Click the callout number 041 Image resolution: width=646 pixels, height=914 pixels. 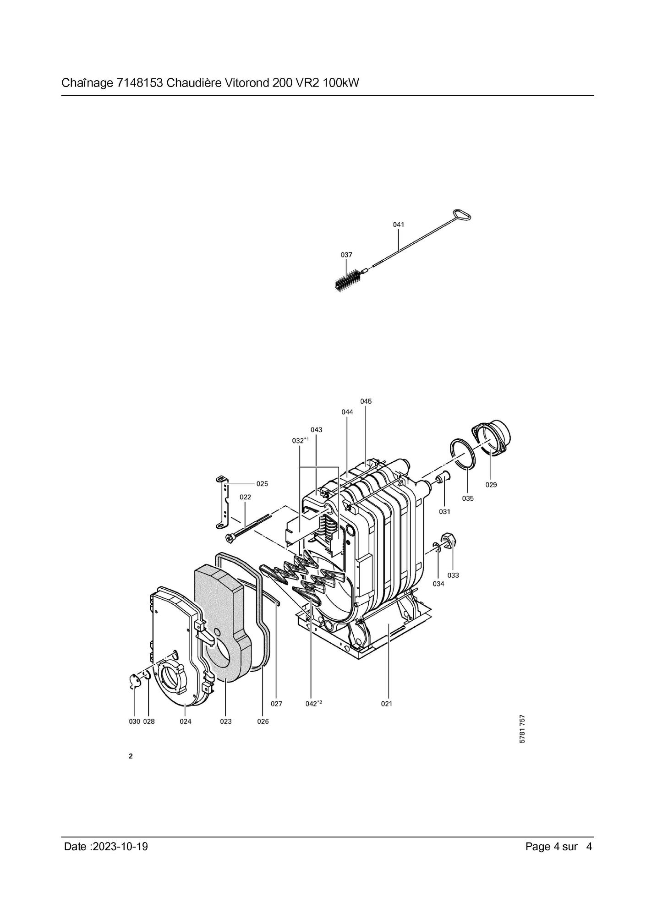tap(399, 224)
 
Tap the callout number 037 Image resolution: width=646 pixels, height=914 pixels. tap(346, 254)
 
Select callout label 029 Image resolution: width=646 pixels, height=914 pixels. tap(491, 485)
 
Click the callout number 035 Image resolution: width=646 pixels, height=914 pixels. tap(468, 498)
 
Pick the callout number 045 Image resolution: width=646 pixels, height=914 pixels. tap(366, 401)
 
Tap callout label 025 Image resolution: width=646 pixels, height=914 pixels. tap(262, 484)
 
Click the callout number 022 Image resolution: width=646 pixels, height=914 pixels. tap(245, 497)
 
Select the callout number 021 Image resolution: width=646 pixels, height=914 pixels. tap(387, 704)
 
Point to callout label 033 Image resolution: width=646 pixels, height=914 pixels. tap(453, 575)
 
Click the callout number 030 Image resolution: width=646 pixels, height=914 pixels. tap(134, 722)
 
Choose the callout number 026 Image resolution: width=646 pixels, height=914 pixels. tap(263, 722)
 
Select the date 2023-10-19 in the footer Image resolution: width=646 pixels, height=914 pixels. tap(120, 847)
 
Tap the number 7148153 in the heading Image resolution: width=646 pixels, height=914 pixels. tap(140, 83)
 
